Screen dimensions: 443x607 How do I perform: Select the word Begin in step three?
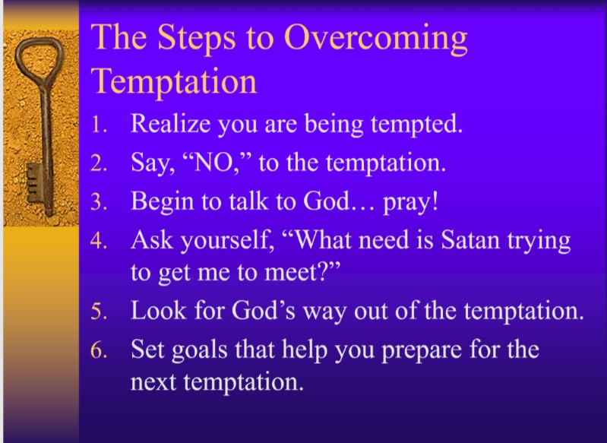tap(161, 201)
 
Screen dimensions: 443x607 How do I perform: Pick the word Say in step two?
tap(150, 163)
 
